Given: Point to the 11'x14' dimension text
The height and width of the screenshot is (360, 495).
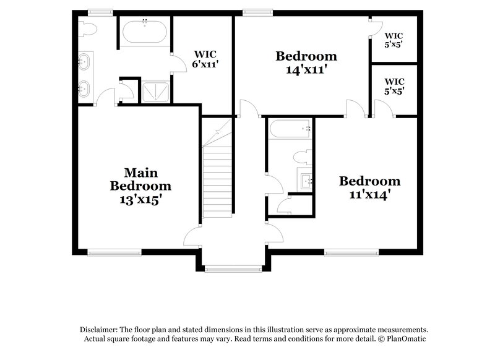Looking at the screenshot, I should (369, 194).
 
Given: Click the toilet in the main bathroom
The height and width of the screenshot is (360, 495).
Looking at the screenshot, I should (87, 28).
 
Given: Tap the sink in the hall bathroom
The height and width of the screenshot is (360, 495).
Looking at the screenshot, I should (306, 181).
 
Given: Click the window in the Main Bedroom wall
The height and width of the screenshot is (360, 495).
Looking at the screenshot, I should (114, 252).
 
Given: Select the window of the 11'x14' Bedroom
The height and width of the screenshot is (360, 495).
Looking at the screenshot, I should (351, 252).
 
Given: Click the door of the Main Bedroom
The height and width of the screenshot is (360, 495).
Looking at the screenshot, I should (192, 236).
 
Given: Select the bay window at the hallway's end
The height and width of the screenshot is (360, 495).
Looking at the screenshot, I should (233, 269).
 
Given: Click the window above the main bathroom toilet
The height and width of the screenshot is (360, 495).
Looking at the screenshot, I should (100, 11).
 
